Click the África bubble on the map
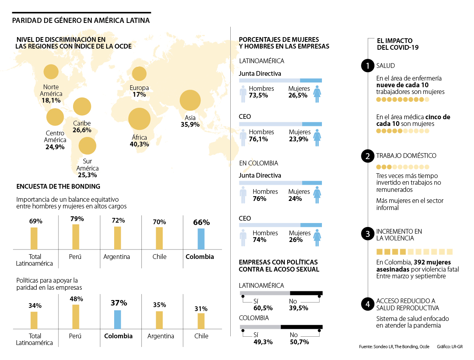[139, 119]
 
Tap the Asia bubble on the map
[190, 101]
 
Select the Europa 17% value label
[139, 95]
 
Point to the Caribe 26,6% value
[82, 130]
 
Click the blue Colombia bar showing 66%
[201, 238]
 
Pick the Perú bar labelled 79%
[75, 236]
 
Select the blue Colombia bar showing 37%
[117, 319]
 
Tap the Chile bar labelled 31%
[201, 321]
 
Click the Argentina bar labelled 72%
[117, 238]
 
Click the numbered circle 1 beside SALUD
[368, 66]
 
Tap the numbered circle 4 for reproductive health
[368, 304]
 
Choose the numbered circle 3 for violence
[368, 234]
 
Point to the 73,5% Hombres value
[258, 95]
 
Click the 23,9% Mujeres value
[298, 139]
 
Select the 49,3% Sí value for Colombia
[263, 342]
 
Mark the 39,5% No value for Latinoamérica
[298, 308]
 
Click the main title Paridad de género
[81, 21]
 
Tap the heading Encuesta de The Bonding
[58, 186]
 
